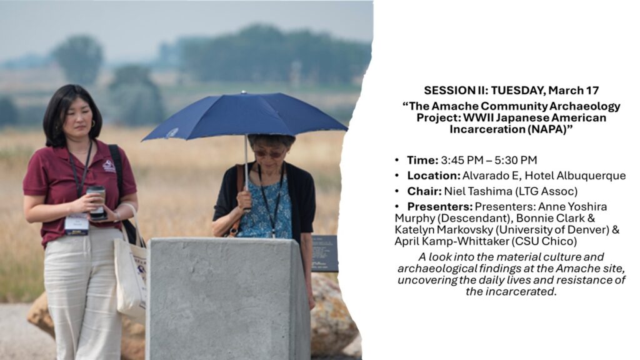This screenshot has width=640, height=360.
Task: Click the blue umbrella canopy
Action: (x=245, y=116)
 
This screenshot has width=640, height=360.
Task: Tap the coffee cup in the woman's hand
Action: (x=96, y=201)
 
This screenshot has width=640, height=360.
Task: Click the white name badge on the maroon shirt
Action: (x=76, y=224)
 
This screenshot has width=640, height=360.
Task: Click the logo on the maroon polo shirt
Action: (x=109, y=166)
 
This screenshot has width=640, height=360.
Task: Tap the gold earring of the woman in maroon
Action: (x=92, y=123)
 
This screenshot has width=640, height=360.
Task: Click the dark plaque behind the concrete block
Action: (x=324, y=253)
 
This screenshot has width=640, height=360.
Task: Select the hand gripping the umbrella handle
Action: (x=245, y=199)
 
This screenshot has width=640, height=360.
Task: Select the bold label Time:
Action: (x=422, y=160)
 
